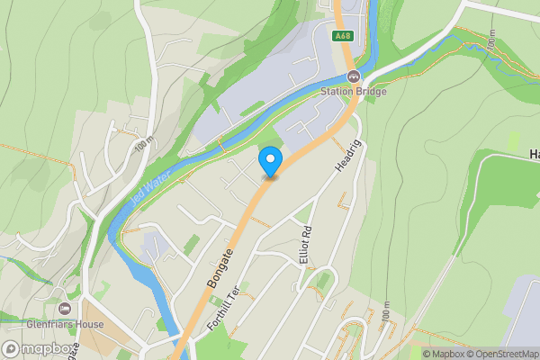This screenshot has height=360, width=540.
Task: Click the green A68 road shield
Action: (x=342, y=36)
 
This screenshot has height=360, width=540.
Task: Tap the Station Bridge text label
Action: (x=354, y=91)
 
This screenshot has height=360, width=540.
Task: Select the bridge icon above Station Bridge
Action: (x=354, y=76)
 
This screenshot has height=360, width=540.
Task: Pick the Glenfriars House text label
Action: (x=65, y=325)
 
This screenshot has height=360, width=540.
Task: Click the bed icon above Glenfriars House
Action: (x=65, y=310)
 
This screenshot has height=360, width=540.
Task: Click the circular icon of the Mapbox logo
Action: (x=11, y=349)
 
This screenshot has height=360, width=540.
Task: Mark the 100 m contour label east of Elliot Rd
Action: (x=386, y=312)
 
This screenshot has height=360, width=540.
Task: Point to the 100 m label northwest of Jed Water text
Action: (x=142, y=148)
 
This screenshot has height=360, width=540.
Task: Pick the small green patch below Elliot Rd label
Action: (x=322, y=282)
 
